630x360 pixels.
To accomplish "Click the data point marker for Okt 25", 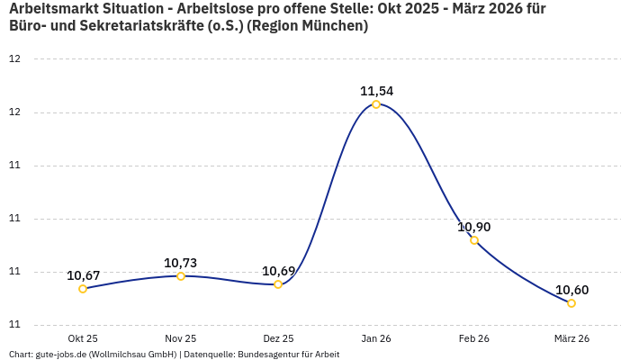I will click(x=83, y=289).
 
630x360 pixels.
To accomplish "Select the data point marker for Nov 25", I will click(x=181, y=276).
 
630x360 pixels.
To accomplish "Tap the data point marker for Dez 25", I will click(x=278, y=284).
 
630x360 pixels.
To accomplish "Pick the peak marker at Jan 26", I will click(x=376, y=104).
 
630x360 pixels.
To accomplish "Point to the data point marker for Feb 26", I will click(x=474, y=240).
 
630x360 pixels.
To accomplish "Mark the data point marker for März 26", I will click(x=571, y=303).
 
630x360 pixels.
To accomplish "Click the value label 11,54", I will click(x=376, y=91).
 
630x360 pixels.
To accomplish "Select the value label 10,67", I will click(x=83, y=275).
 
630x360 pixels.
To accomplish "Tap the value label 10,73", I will click(x=180, y=263).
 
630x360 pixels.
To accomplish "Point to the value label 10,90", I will click(x=474, y=227).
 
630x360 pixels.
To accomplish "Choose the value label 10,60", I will click(x=571, y=290).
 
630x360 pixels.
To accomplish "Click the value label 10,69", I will click(x=278, y=271).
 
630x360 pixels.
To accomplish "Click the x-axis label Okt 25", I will click(x=83, y=338).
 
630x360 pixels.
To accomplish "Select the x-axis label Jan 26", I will click(x=376, y=338).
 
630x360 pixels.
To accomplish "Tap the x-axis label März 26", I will click(x=571, y=338).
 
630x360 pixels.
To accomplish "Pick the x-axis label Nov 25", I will click(x=181, y=338).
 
